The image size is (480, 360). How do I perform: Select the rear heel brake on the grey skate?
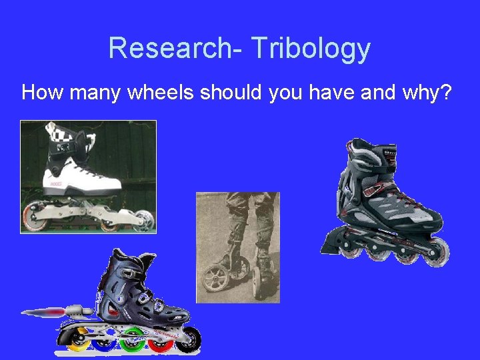331,243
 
